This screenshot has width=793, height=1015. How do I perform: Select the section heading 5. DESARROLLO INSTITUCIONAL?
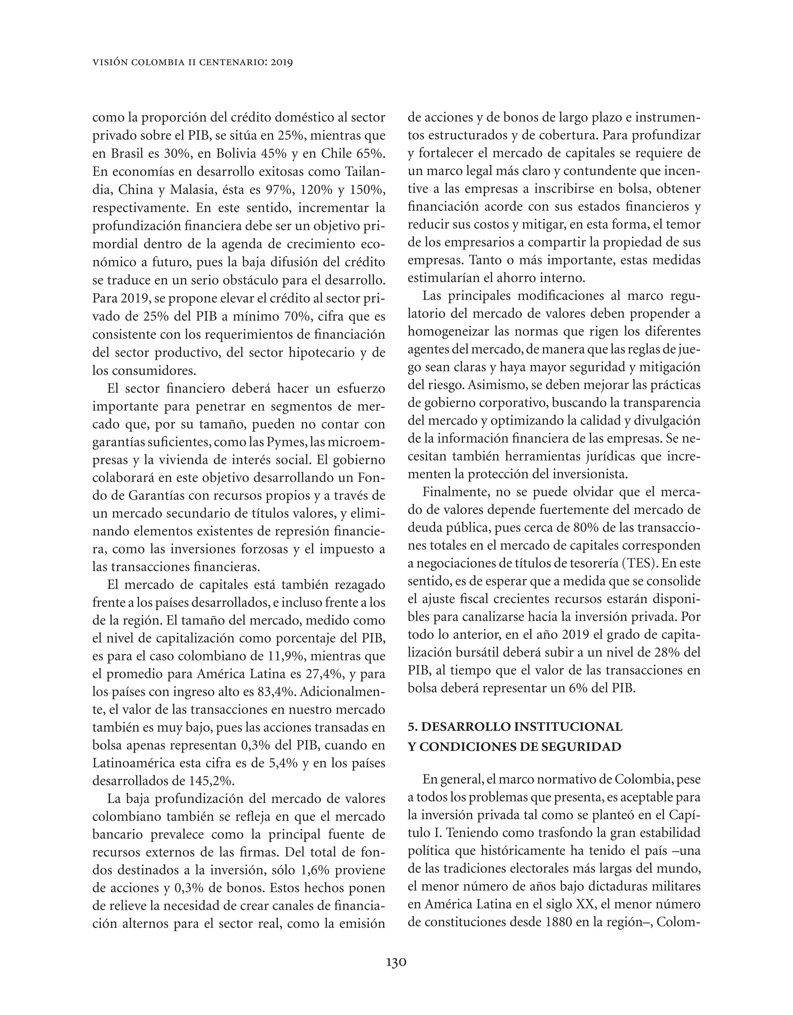(515, 726)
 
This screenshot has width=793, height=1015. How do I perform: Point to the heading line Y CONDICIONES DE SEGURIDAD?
(514, 747)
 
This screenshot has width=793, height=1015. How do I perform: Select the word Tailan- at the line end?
(365, 172)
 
